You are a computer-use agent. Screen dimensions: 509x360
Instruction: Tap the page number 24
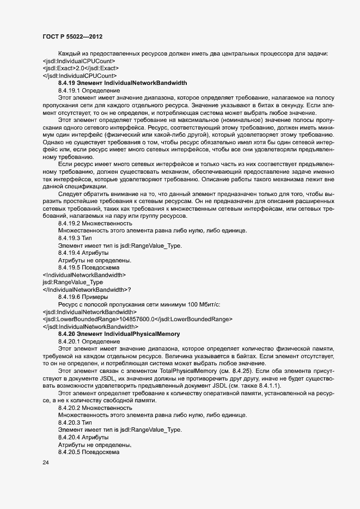tap(46, 463)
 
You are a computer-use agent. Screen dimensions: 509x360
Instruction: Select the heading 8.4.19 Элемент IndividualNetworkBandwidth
tap(123, 83)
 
